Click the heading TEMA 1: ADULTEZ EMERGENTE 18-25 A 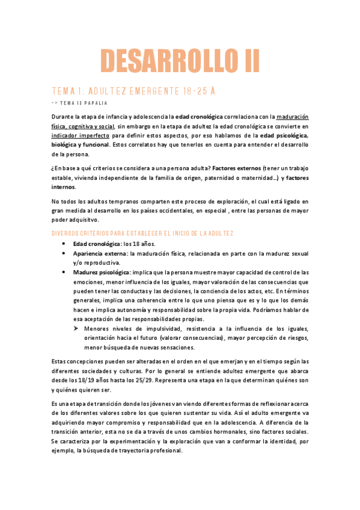pyautogui.click(x=130, y=91)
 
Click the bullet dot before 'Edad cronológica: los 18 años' pyautogui.click(x=64, y=243)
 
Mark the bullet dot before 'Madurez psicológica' pyautogui.click(x=64, y=272)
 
